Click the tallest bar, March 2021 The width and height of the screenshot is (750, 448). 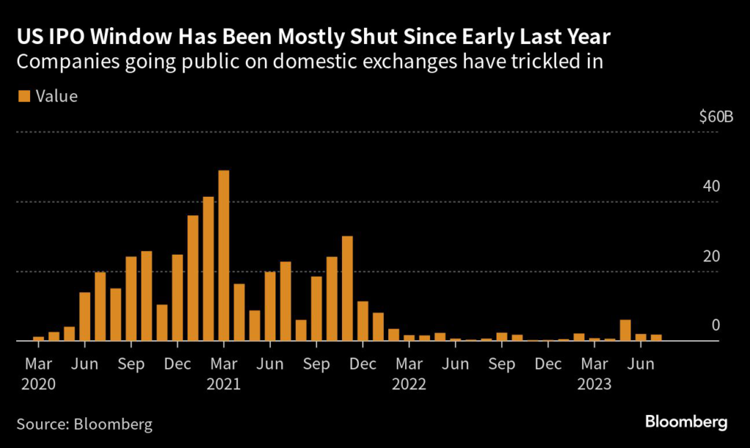[224, 256]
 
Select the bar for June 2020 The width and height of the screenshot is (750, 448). [85, 316]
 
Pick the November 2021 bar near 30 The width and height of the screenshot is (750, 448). [347, 288]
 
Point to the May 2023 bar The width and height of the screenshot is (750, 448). [625, 331]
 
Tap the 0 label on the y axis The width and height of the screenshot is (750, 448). [716, 326]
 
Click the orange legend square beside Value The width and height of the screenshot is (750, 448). [23, 96]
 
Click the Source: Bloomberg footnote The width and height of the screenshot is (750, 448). [85, 424]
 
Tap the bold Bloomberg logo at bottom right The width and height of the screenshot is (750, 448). [686, 422]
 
